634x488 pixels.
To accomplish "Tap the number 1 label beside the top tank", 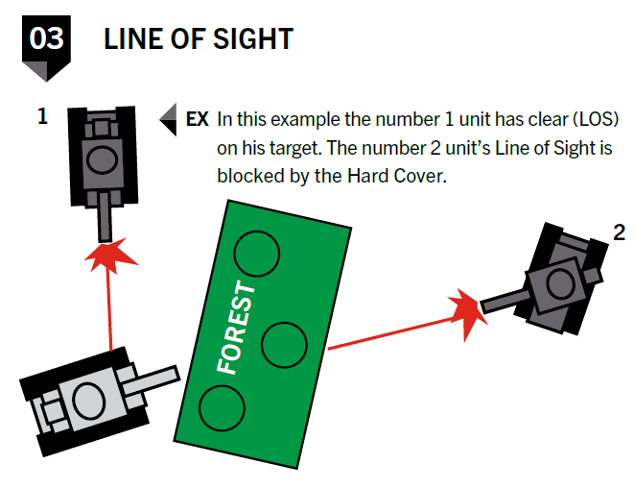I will pos(42,117).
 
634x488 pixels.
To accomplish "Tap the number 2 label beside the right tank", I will pos(619,232).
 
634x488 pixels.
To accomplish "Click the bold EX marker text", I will pos(197,120).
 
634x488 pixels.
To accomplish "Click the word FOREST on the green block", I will pos(236,327).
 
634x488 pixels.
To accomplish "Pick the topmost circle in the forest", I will pos(256,253).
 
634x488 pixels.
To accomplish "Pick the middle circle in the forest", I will pos(284,344).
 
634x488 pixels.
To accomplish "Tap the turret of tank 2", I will pos(553,281).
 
